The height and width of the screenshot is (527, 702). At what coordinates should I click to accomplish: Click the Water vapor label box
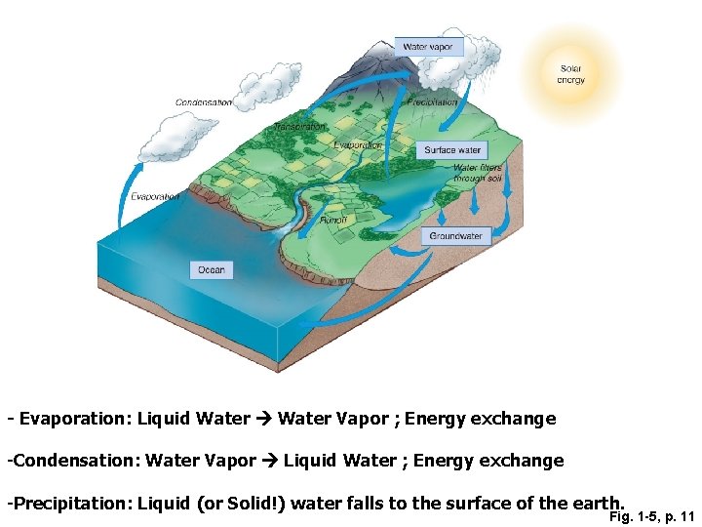427,47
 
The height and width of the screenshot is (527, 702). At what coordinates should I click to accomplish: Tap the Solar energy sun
570,74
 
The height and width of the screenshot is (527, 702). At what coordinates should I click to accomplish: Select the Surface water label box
452,150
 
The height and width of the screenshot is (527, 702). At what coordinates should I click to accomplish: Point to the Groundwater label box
455,236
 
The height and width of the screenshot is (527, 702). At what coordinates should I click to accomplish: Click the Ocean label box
212,269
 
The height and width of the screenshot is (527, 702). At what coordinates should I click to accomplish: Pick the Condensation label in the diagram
204,102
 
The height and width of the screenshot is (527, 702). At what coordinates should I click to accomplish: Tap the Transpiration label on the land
299,127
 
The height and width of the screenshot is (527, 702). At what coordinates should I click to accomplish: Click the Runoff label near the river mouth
333,221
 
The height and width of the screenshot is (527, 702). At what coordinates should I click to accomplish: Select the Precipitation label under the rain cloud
432,102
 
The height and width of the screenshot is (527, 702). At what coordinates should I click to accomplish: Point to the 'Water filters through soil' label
478,174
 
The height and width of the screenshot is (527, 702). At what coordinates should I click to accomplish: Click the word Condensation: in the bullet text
74,460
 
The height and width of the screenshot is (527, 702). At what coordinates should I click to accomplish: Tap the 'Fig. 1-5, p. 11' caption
651,516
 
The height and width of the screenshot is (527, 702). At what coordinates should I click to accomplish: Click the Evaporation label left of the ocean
155,196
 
